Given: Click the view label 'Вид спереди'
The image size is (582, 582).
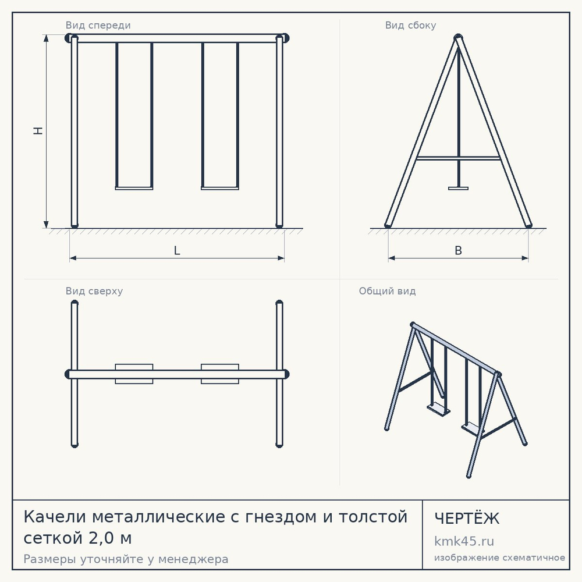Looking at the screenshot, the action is click(98, 25).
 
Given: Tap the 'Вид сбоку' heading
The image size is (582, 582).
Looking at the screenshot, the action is click(410, 25).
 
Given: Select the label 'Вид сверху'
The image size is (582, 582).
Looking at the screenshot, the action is click(94, 291).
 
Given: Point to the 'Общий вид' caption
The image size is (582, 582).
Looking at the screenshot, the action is click(387, 291).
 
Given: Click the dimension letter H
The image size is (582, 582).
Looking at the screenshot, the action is click(38, 130).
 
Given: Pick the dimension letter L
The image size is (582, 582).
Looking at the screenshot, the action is click(177, 250).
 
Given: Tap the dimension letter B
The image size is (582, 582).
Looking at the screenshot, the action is click(459, 250).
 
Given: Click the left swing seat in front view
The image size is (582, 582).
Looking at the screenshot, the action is click(134, 188).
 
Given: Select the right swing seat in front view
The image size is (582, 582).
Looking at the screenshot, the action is click(220, 188).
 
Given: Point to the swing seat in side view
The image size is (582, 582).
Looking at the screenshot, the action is click(459, 188).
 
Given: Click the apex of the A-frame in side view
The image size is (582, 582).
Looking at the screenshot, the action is click(459, 36).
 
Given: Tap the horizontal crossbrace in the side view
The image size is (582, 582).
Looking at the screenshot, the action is click(459, 158).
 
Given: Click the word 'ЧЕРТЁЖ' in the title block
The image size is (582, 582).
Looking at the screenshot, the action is click(467, 518).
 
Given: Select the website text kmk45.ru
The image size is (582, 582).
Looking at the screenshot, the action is click(464, 541).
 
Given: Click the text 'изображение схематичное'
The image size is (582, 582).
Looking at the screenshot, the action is click(499, 558).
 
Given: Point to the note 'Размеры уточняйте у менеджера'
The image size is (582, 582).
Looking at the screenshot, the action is click(126, 559).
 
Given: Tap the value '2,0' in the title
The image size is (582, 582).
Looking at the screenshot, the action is click(100, 538).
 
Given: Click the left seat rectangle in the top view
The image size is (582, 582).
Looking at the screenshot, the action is click(134, 374).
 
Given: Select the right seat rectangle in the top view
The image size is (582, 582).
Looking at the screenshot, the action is click(220, 374).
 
